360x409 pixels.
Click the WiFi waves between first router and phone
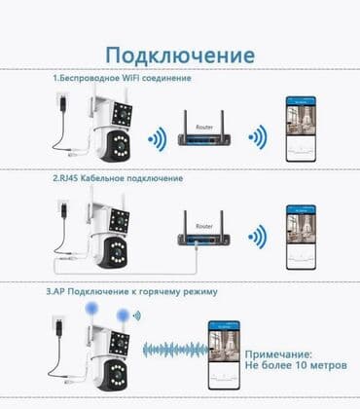click(x=256, y=134)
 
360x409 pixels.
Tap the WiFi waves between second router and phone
click(x=256, y=236)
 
